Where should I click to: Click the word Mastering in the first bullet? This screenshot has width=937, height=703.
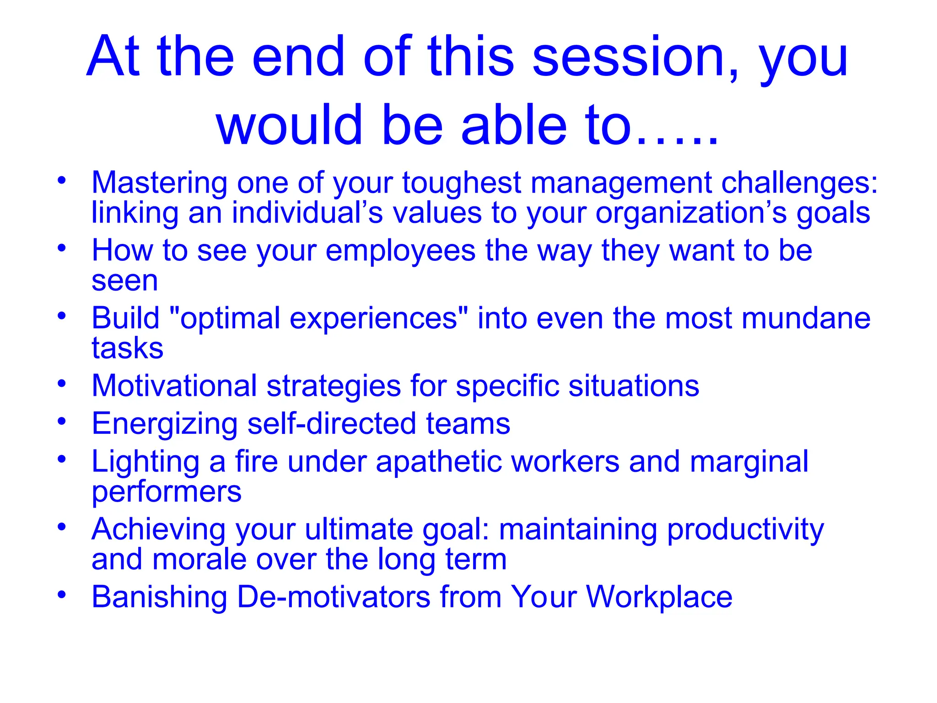pyautogui.click(x=159, y=183)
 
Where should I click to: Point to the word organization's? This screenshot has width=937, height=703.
pyautogui.click(x=691, y=213)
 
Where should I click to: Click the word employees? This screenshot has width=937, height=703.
pyautogui.click(x=400, y=251)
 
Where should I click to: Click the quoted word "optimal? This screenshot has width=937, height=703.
pyautogui.click(x=224, y=319)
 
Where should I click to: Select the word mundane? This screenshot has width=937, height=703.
pyautogui.click(x=806, y=318)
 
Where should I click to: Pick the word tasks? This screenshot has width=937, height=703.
pyautogui.click(x=127, y=348)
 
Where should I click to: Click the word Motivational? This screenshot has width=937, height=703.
pyautogui.click(x=174, y=386)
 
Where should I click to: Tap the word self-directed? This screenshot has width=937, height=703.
pyautogui.click(x=332, y=423)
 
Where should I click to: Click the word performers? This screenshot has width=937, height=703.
pyautogui.click(x=166, y=492)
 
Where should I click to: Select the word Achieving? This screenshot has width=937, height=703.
pyautogui.click(x=158, y=530)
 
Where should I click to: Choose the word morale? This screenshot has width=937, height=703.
pyautogui.click(x=199, y=559)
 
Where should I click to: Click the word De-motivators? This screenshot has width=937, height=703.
pyautogui.click(x=334, y=597)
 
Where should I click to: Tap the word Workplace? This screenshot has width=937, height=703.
pyautogui.click(x=659, y=597)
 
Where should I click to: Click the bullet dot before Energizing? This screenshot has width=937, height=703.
pyautogui.click(x=62, y=421)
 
